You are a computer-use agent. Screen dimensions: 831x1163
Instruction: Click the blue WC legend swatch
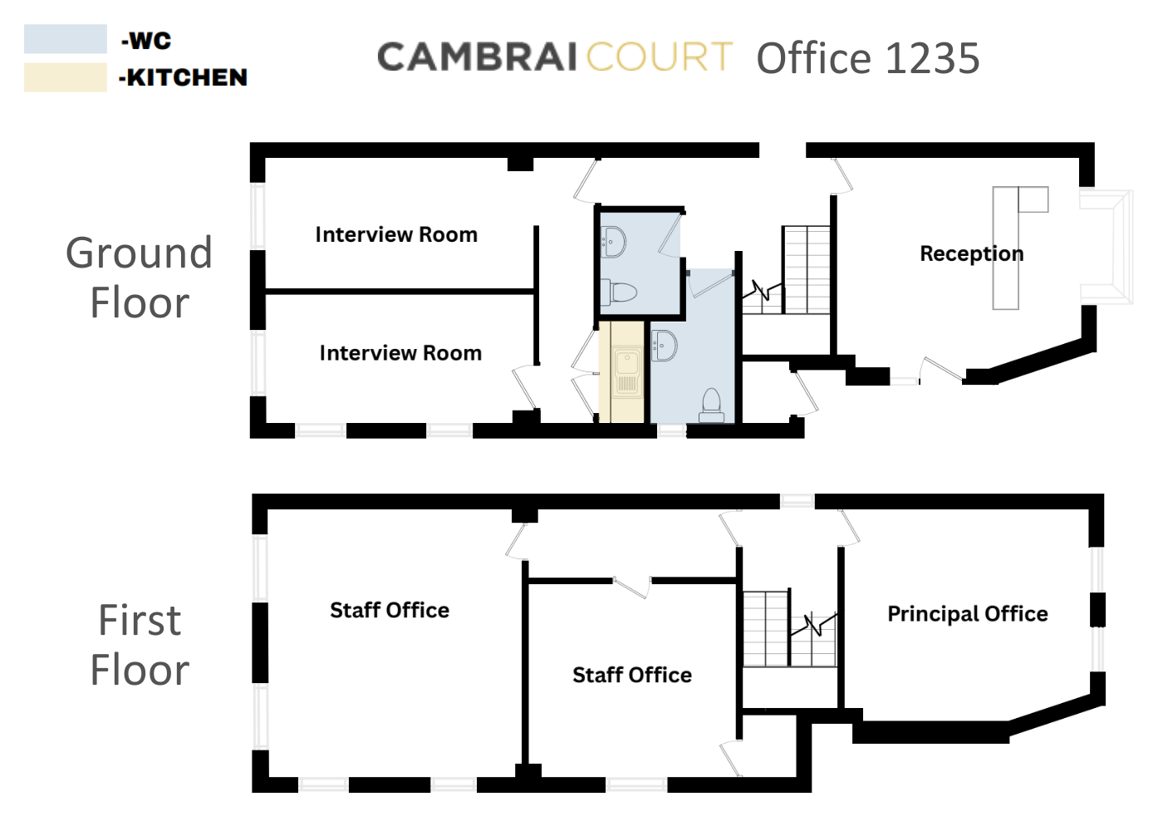pos(65,39)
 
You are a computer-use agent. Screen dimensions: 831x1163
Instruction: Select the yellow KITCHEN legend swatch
pos(65,77)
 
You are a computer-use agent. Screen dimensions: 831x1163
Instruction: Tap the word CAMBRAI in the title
pos(477,58)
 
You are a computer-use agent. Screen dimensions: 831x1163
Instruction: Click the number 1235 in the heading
pos(933,59)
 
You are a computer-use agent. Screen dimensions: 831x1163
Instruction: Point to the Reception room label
pos(971,253)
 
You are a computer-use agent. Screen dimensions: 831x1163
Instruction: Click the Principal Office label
pos(967,614)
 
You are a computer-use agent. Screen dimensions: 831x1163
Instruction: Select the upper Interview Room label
pos(396,235)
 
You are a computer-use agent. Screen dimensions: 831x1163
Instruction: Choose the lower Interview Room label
pos(400,353)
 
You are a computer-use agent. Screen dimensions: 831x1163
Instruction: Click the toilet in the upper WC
pos(620,293)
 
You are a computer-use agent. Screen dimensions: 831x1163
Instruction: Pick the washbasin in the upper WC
pos(614,242)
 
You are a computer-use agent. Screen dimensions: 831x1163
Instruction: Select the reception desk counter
pos(1006,249)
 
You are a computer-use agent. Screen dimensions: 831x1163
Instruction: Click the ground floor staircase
pos(805,270)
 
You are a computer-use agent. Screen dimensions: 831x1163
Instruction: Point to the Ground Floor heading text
pos(140,278)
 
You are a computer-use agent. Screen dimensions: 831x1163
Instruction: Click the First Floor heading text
pos(140,645)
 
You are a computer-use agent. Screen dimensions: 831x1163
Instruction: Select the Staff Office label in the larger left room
pos(390,611)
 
